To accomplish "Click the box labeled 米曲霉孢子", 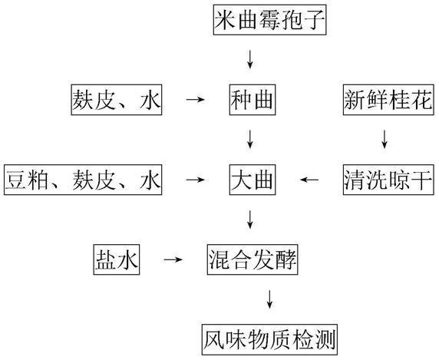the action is [x=269, y=20].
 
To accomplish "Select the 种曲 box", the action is [x=253, y=100].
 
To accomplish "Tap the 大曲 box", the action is [x=253, y=180].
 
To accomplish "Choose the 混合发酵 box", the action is [x=253, y=259].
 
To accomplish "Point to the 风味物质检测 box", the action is [x=269, y=339].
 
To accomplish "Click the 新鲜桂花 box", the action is [x=388, y=100].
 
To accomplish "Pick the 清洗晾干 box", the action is [x=388, y=180].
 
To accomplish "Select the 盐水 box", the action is [x=117, y=259].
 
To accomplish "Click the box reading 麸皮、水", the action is [x=117, y=100].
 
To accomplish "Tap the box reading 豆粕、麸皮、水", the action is [x=83, y=180].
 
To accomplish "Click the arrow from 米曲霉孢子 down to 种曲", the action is [x=250, y=59].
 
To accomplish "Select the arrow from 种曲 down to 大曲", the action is [x=250, y=139].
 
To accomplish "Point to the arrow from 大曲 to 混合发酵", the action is [x=250, y=220].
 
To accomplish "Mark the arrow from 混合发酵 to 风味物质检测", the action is [x=269, y=299].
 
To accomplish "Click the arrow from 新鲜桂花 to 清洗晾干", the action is [x=385, y=139].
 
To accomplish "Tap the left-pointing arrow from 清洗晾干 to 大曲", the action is [x=309, y=180].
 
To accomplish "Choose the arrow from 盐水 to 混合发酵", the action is [x=173, y=259].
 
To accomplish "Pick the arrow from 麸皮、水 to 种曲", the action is [x=196, y=99].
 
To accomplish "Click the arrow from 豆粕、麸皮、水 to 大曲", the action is [x=196, y=180].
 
